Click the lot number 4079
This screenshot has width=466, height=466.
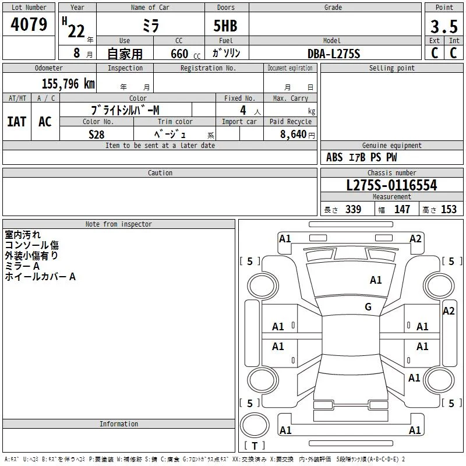pyautogui.click(x=29, y=24)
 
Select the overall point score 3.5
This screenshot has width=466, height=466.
pyautogui.click(x=444, y=26)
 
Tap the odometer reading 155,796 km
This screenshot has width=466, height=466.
pyautogui.click(x=68, y=83)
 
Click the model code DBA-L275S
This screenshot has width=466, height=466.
pyautogui.click(x=334, y=54)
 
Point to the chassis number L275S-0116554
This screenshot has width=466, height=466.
pyautogui.click(x=391, y=185)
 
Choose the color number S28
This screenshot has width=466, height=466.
pyautogui.click(x=97, y=135)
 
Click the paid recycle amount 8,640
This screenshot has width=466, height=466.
pyautogui.click(x=294, y=134)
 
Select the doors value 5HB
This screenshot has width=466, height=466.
pyautogui.click(x=225, y=26)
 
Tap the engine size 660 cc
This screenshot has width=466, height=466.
pyautogui.click(x=185, y=54)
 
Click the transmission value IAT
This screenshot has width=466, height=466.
pyautogui.click(x=17, y=122)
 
